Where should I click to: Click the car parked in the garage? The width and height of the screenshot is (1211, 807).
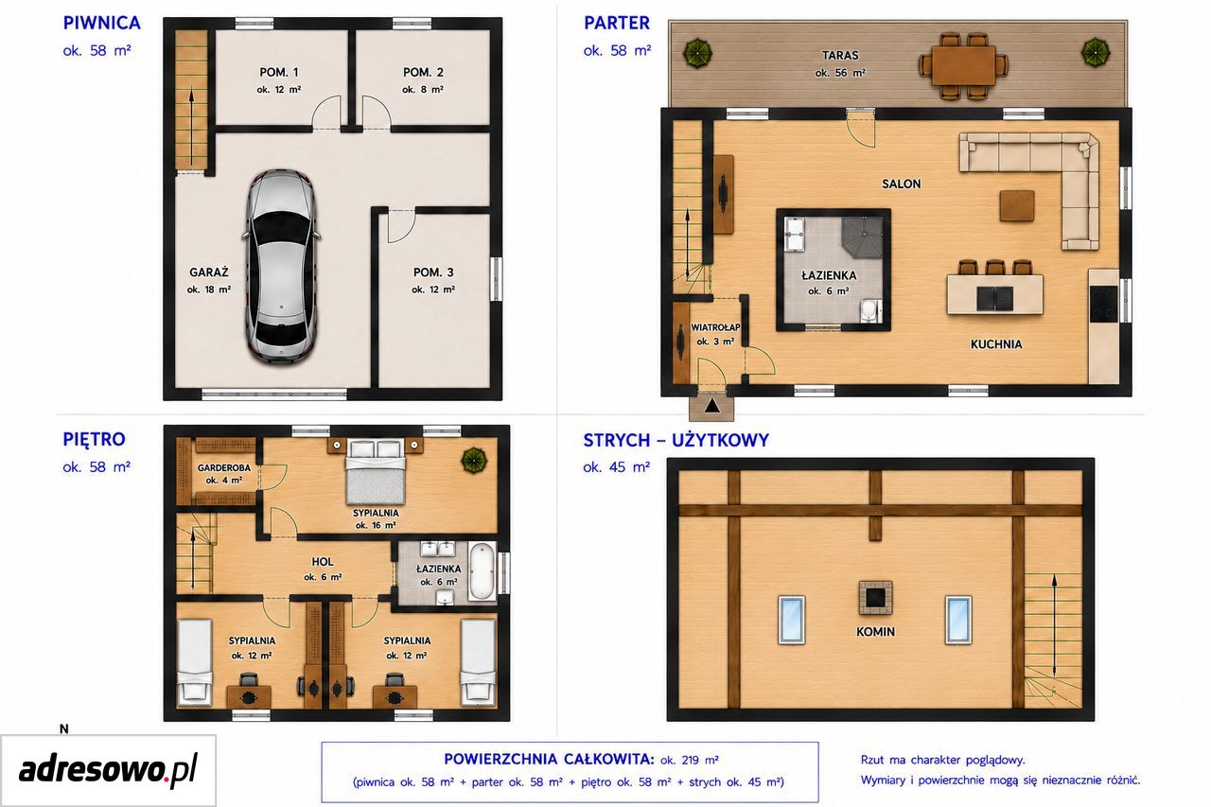coord(281,266)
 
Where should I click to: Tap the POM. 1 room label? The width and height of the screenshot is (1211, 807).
coord(279,73)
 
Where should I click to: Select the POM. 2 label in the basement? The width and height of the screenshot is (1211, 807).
coord(423,73)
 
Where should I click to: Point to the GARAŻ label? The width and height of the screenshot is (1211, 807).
coord(209,272)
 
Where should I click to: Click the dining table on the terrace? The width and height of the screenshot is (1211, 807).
coord(963,66)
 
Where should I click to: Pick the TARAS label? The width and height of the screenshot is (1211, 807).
coord(840,55)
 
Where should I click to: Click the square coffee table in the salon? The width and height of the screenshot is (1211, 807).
coord(1017,205)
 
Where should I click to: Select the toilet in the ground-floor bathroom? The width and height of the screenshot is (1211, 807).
coord(869,310)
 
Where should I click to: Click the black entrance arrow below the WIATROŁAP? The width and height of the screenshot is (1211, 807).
coord(712,405)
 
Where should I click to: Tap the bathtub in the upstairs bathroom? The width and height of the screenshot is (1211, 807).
coord(482,571)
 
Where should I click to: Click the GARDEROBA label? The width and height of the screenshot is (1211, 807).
coord(224,467)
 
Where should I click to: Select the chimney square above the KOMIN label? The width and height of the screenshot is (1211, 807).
coord(876,598)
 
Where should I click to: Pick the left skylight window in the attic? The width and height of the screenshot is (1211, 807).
coord(792,620)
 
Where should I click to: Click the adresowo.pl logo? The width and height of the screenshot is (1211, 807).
coord(108,770)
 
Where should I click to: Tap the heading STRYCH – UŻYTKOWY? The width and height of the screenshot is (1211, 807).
coord(676,441)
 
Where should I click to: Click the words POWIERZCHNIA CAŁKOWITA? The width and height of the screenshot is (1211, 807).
coord(549,760)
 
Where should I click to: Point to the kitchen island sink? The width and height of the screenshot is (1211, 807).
coord(994,298)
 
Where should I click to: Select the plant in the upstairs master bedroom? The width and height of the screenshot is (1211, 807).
coord(474,461)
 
